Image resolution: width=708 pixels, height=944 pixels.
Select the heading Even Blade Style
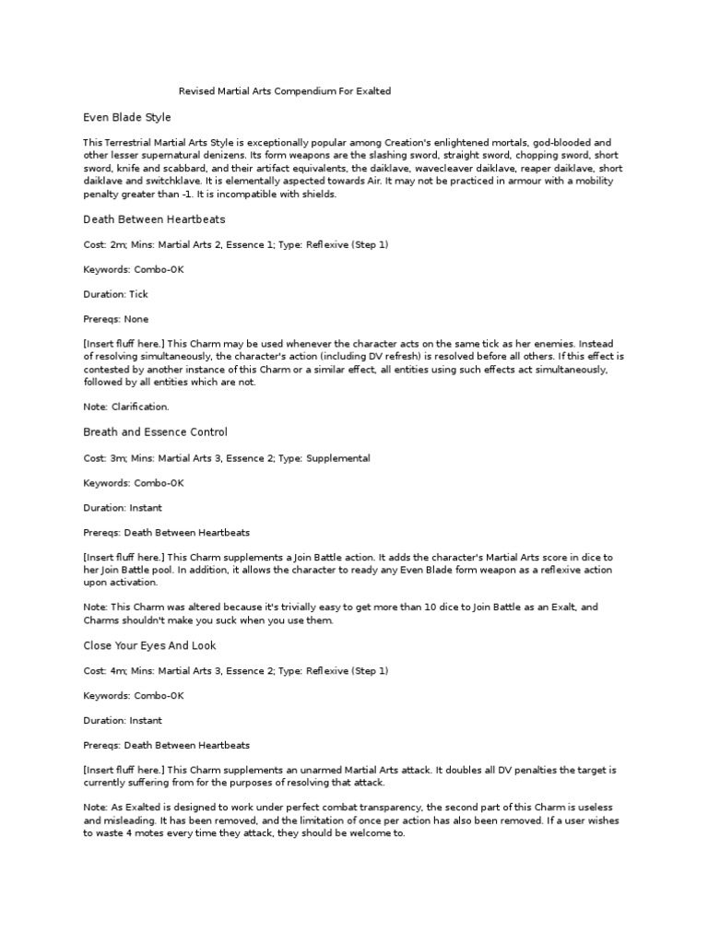pos(127,118)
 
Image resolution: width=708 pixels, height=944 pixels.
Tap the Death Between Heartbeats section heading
pos(154,219)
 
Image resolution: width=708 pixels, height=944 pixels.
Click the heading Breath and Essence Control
pos(155,432)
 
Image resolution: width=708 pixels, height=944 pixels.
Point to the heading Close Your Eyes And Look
pos(149,645)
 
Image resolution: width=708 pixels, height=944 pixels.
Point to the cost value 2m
pos(117,244)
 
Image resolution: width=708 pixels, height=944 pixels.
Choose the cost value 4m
pos(117,670)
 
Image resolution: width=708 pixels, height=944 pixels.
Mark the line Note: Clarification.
pos(126,407)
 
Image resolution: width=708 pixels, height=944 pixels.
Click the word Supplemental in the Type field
pos(338,457)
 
